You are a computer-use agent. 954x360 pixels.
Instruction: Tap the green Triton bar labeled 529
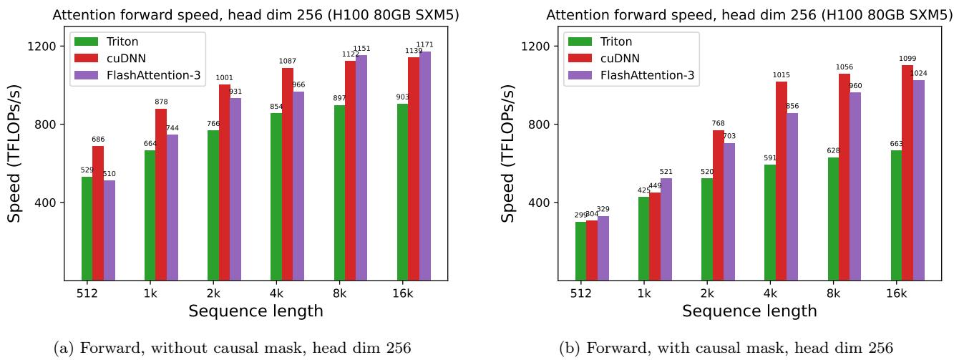(87, 228)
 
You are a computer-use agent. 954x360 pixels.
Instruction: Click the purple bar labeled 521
(666, 229)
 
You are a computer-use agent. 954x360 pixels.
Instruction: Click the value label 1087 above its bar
(287, 62)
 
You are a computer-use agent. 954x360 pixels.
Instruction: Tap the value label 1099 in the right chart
(907, 59)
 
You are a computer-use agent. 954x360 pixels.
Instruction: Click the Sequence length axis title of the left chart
(255, 311)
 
